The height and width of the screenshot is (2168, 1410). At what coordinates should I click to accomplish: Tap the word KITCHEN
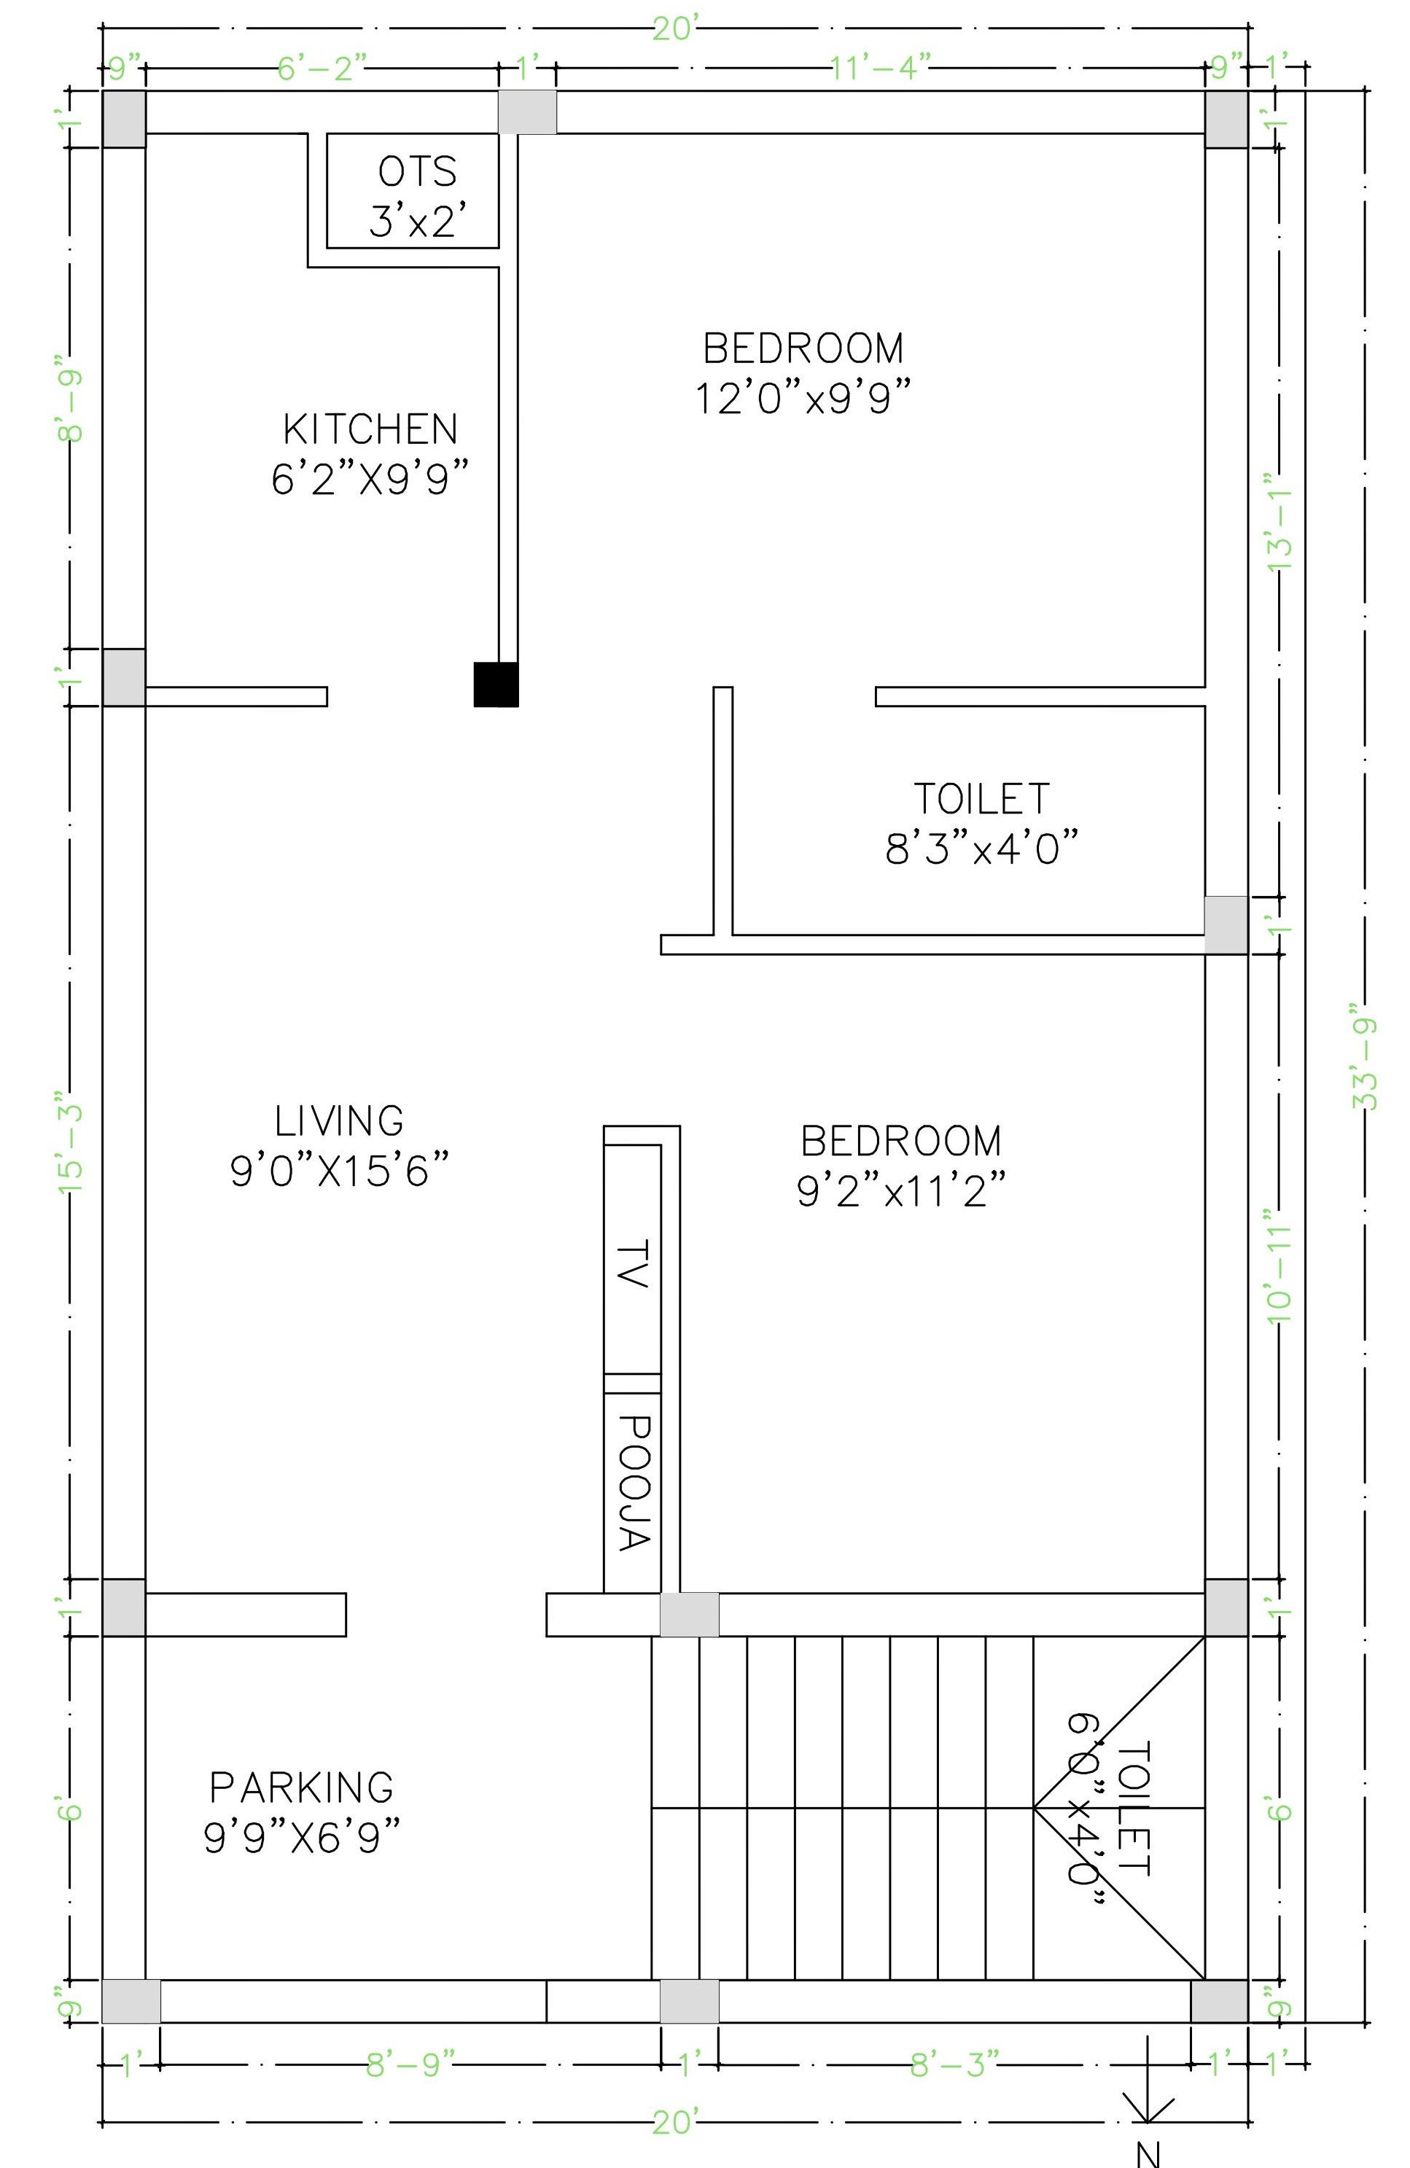click(x=370, y=430)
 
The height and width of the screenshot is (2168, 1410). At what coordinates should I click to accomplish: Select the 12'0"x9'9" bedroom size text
click(x=804, y=398)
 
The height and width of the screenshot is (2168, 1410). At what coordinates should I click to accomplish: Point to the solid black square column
click(x=496, y=684)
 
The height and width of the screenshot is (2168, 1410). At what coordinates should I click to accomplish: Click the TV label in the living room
click(x=632, y=1263)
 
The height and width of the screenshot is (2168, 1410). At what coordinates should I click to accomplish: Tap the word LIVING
click(x=339, y=1120)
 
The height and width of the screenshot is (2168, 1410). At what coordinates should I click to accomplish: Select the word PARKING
click(x=302, y=1787)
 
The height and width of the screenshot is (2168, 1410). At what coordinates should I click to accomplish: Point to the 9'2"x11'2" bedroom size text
click(x=902, y=1190)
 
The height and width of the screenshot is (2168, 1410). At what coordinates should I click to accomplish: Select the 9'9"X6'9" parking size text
click(x=302, y=1837)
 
